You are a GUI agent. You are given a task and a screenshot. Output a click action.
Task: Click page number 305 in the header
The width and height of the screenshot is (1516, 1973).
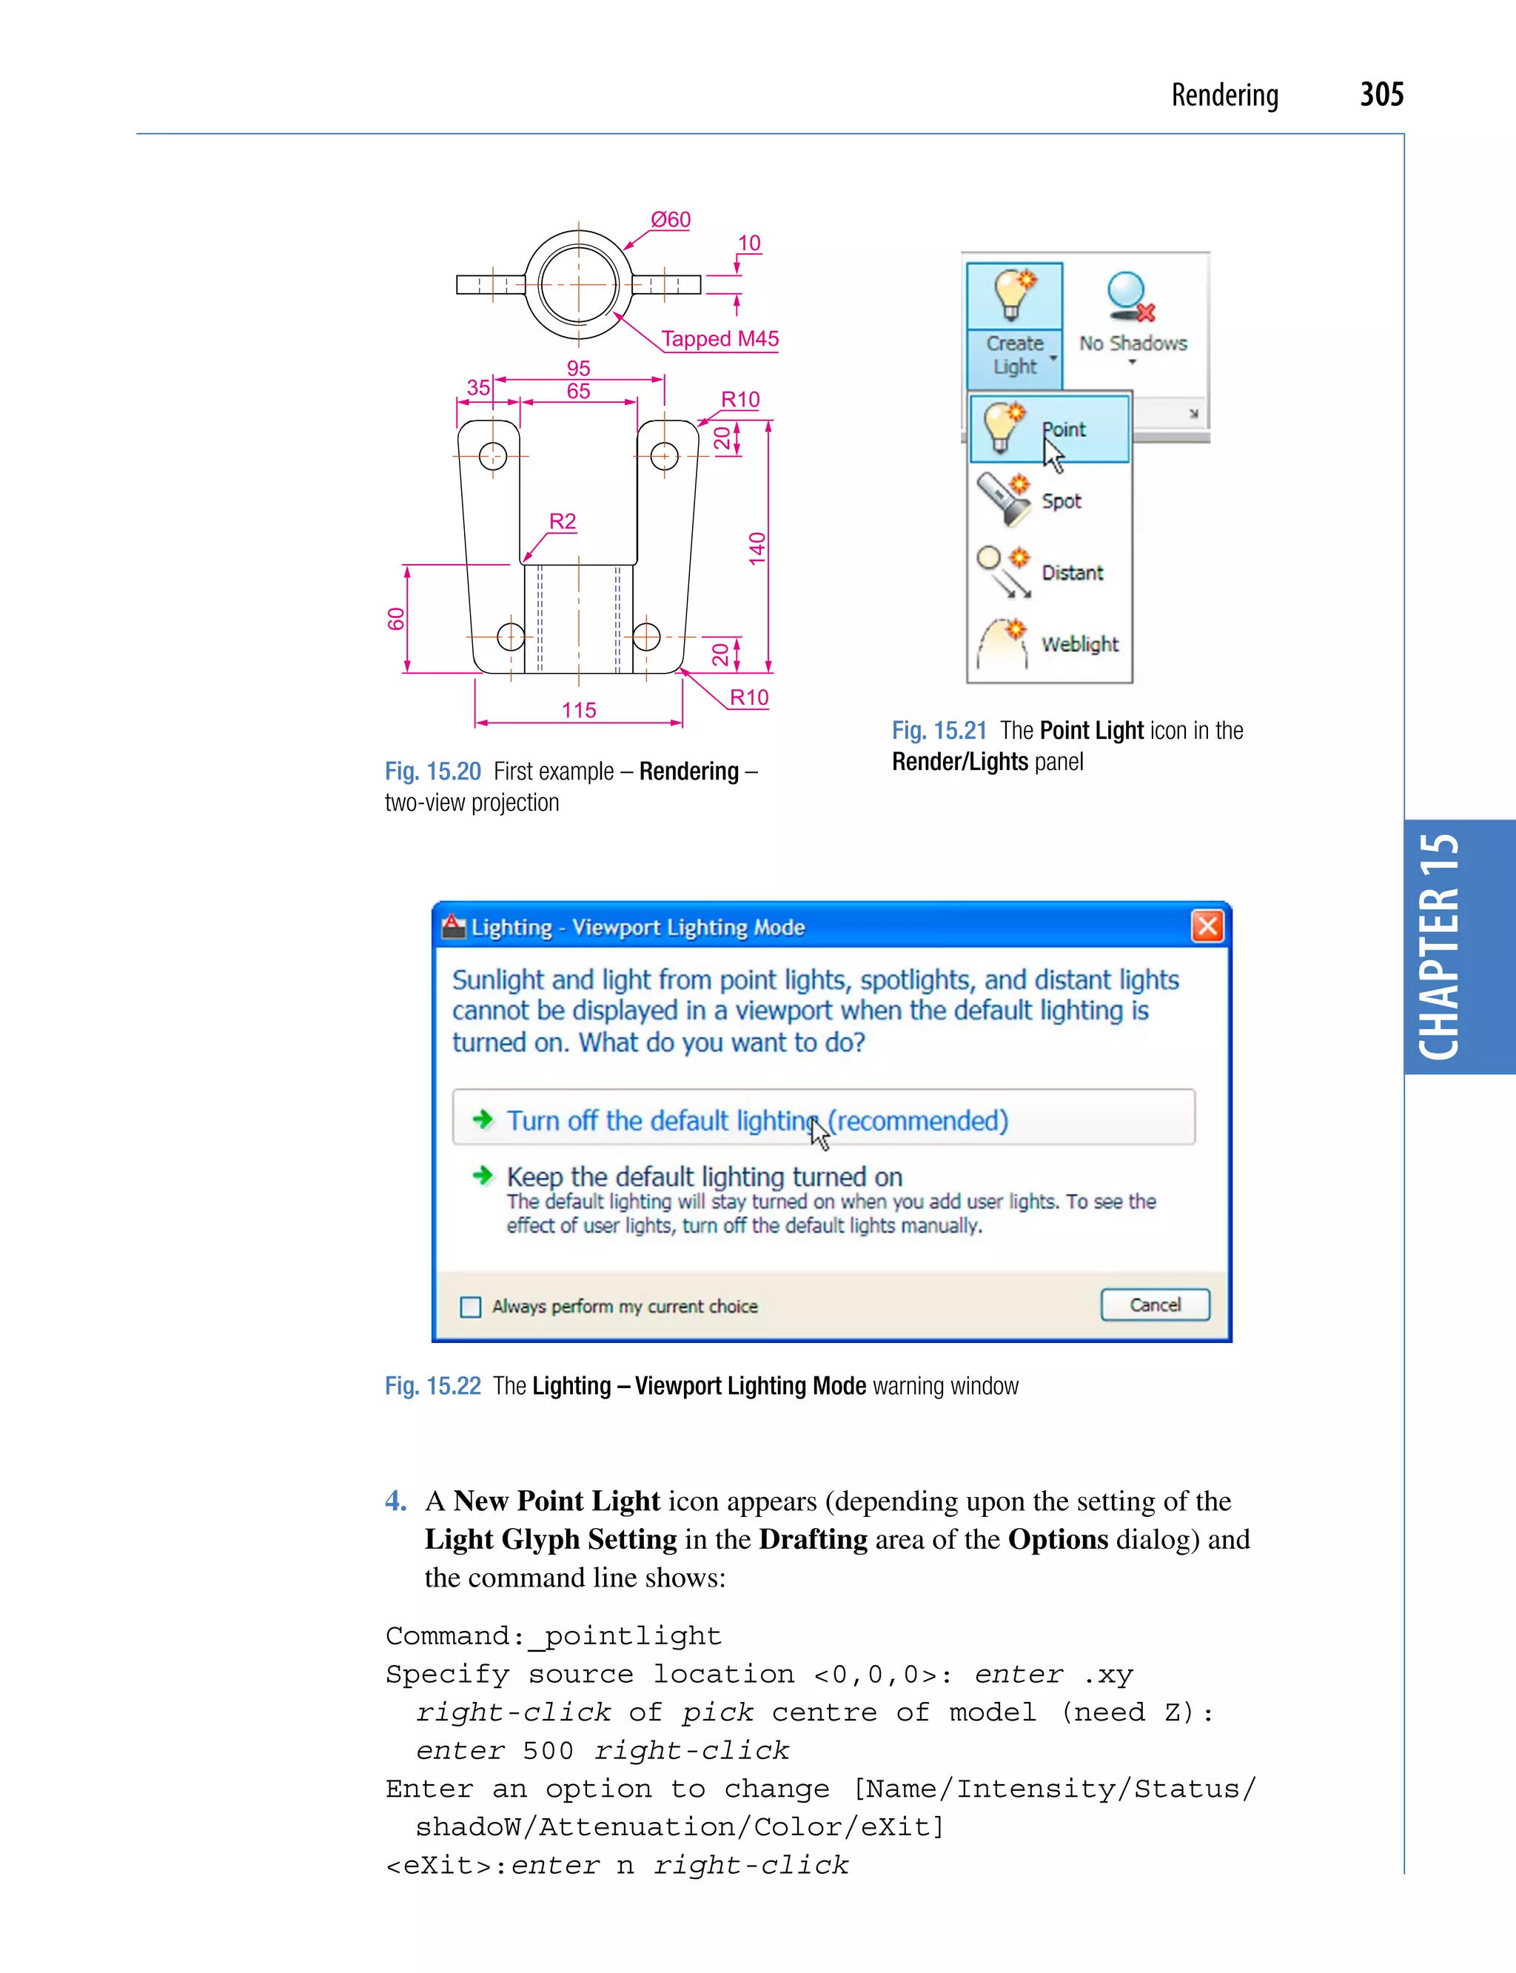click(x=1381, y=95)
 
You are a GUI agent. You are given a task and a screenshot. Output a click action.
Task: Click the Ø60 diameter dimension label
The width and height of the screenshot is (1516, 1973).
click(x=671, y=219)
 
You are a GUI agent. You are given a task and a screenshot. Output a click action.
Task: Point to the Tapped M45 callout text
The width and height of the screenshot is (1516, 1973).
click(x=720, y=338)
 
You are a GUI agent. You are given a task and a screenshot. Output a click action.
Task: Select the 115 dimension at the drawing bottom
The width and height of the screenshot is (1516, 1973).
click(x=578, y=710)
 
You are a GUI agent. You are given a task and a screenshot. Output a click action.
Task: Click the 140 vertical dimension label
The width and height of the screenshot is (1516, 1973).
click(x=757, y=549)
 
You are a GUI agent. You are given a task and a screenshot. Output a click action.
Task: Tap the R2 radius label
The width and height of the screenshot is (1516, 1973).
click(x=562, y=520)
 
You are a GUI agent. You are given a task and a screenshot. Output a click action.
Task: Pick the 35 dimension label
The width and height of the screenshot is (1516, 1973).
click(x=477, y=387)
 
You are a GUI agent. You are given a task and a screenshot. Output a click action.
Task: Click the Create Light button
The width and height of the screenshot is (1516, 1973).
click(x=1014, y=325)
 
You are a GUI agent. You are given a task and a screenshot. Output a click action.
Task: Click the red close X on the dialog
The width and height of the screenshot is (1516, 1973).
click(x=1207, y=926)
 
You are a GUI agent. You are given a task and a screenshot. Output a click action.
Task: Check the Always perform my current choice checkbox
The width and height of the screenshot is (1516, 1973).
click(x=470, y=1307)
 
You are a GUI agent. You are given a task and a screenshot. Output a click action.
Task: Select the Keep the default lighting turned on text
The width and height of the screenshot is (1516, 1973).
click(x=704, y=1176)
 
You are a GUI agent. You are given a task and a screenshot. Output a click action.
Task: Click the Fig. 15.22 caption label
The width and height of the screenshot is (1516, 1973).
click(x=432, y=1385)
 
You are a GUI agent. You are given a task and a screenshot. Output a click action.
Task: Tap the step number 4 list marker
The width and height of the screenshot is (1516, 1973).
click(x=395, y=1500)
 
